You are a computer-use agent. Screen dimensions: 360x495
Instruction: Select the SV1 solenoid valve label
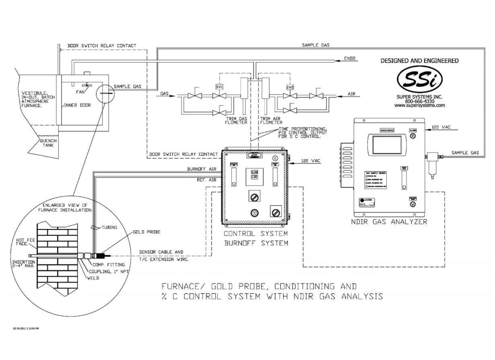(x=219, y=87)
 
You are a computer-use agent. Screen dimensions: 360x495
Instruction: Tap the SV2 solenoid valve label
(x=290, y=87)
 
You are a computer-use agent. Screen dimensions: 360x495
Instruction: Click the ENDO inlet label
(x=350, y=58)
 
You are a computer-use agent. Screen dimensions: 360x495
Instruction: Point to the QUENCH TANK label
(x=48, y=143)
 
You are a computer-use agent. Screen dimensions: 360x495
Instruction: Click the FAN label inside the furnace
(x=80, y=92)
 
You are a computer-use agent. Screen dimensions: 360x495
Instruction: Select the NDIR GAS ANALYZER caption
(x=389, y=222)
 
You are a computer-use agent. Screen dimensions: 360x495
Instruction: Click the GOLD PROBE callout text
(x=147, y=232)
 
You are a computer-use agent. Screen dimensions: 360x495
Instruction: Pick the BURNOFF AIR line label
(x=201, y=169)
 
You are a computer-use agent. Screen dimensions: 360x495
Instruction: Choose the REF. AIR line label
(x=206, y=180)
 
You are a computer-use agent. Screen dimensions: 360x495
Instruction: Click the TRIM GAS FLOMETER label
(x=236, y=121)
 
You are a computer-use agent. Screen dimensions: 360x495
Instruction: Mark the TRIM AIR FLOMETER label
(x=271, y=121)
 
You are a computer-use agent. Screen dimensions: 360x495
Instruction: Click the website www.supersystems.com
(x=419, y=105)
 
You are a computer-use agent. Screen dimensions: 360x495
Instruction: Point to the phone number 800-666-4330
(x=419, y=101)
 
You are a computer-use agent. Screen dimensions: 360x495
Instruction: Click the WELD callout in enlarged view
(x=93, y=278)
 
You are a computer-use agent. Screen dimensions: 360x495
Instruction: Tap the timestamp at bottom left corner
(x=26, y=329)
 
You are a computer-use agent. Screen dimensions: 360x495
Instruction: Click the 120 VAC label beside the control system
(x=310, y=161)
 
